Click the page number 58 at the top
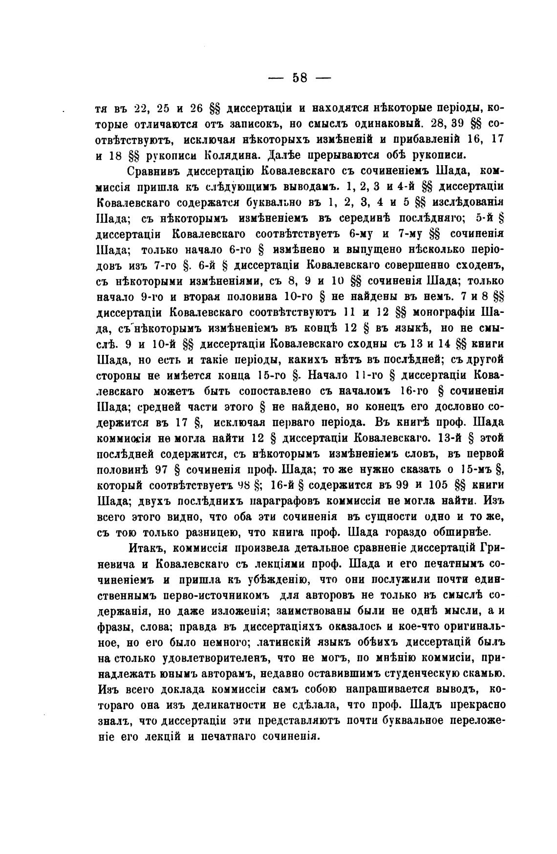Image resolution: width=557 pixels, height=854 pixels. pos(299,78)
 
